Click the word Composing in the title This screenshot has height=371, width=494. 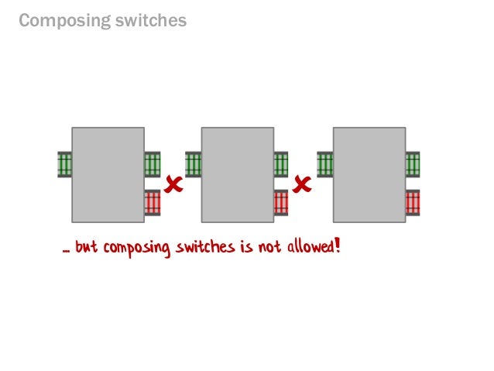coord(62,21)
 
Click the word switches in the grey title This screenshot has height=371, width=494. coord(149,21)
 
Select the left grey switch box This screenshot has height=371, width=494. coord(108,174)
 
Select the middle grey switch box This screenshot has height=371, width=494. coord(237,174)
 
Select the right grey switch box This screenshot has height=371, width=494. coord(369,174)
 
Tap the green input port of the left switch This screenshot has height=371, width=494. coord(64,164)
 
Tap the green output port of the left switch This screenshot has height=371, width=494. coord(153,164)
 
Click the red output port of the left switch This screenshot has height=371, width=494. coord(153,202)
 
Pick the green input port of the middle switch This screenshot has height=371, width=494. coord(194,164)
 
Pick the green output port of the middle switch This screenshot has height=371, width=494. coord(281,164)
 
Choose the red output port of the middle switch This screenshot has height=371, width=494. coord(281,202)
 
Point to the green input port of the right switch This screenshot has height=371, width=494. coord(325,164)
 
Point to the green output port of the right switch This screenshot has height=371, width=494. coord(413,164)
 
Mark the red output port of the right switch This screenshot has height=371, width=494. coord(413,202)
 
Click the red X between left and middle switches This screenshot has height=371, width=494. coord(173,184)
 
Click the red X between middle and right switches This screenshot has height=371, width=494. coord(303,184)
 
